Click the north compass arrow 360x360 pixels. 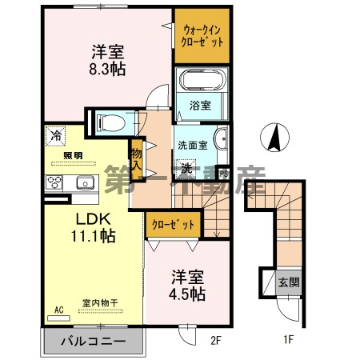click(x=275, y=138)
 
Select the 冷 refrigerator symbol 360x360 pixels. click(x=54, y=135)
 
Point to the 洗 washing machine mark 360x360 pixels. click(x=185, y=169)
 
